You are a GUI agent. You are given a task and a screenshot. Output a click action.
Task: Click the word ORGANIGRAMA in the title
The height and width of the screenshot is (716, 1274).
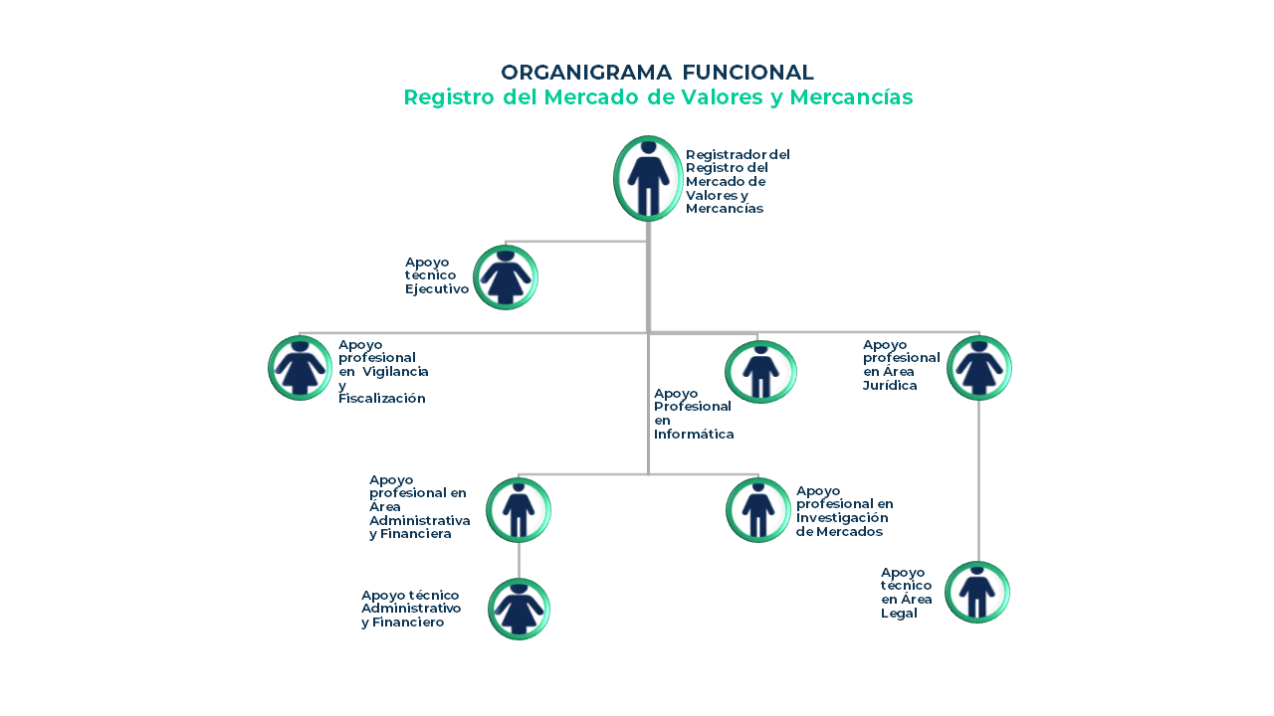pyautogui.click(x=586, y=73)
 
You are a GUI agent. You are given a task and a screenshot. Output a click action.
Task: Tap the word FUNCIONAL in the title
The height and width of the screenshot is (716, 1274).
pyautogui.click(x=747, y=73)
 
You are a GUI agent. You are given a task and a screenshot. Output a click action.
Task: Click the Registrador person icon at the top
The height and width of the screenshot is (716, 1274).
pyautogui.click(x=648, y=178)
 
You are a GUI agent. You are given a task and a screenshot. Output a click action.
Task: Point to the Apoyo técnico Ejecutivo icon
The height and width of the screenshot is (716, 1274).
pyautogui.click(x=506, y=277)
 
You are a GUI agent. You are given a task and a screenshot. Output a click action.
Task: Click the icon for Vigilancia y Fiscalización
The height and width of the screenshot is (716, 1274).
pyautogui.click(x=300, y=368)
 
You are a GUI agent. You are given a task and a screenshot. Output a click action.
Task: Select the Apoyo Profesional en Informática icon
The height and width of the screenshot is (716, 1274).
pyautogui.click(x=760, y=372)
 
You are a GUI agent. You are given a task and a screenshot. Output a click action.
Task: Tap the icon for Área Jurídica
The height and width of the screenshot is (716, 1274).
pyautogui.click(x=978, y=368)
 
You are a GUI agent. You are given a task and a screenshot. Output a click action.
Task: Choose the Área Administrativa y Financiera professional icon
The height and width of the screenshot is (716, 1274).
pyautogui.click(x=519, y=510)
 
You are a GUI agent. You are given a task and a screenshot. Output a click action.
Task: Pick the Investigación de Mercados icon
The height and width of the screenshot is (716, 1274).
pyautogui.click(x=758, y=510)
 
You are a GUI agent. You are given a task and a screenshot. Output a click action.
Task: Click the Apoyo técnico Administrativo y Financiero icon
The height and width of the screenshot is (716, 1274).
pyautogui.click(x=519, y=609)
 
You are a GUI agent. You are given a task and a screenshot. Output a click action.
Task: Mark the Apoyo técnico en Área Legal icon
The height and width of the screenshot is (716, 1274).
pyautogui.click(x=977, y=592)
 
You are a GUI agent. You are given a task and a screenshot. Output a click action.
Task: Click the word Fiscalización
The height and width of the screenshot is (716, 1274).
pyautogui.click(x=381, y=399)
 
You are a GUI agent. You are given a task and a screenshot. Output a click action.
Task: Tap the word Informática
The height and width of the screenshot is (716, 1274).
pyautogui.click(x=694, y=435)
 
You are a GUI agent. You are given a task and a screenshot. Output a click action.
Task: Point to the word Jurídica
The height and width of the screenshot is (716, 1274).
pyautogui.click(x=890, y=385)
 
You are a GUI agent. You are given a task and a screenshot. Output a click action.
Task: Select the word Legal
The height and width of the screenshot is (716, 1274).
pyautogui.click(x=899, y=614)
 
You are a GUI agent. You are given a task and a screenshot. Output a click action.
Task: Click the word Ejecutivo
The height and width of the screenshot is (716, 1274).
pyautogui.click(x=437, y=288)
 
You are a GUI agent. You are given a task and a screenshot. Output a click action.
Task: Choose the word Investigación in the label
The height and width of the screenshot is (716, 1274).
pyautogui.click(x=842, y=518)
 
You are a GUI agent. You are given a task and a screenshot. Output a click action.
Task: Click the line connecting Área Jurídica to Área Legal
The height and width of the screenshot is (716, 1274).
pyautogui.click(x=978, y=480)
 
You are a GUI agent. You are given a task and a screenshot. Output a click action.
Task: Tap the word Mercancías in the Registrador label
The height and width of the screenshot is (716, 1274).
pyautogui.click(x=724, y=209)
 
